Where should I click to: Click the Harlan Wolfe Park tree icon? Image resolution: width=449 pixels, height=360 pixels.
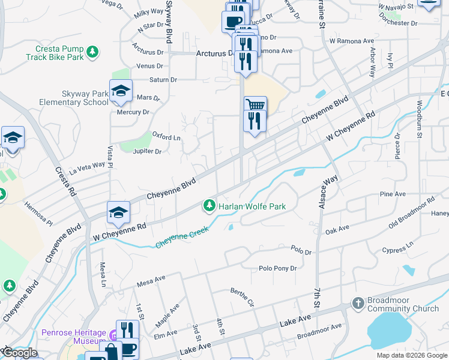click(x=209, y=206)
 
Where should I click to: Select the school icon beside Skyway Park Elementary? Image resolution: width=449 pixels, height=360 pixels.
click(x=121, y=91)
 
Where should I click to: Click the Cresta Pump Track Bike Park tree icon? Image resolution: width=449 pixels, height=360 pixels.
click(x=92, y=53)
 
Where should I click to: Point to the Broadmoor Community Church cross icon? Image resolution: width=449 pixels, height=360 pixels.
click(x=358, y=303)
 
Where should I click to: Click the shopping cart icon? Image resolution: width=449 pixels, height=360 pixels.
click(x=255, y=106)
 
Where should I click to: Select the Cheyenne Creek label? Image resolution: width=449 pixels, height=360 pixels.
click(x=182, y=237)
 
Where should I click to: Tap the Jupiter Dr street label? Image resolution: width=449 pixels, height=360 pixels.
click(x=147, y=152)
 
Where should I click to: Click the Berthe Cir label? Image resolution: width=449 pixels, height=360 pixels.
click(x=243, y=297)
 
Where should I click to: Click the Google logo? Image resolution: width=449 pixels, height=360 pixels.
click(x=20, y=353)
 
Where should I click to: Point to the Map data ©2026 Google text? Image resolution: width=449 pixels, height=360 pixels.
click(x=411, y=355)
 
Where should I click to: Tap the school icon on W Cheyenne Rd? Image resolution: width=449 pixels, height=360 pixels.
click(x=119, y=212)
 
